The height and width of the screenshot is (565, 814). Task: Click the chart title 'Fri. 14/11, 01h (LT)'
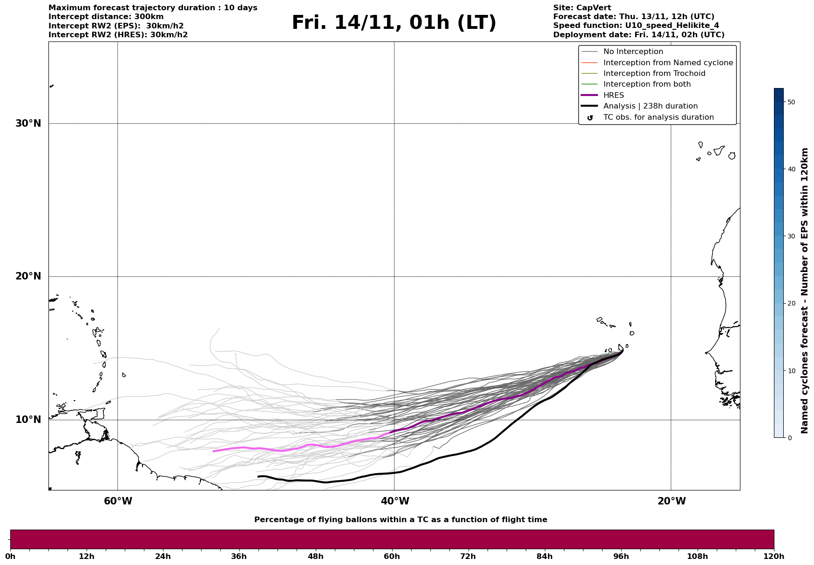(x=393, y=23)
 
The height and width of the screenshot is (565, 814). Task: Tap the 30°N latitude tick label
(x=28, y=123)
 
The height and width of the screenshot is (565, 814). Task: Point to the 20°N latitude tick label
(x=28, y=276)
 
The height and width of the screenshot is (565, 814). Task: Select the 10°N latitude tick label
(x=28, y=420)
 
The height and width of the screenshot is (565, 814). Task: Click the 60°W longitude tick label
(x=118, y=501)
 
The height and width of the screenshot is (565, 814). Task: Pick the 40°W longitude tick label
(x=394, y=501)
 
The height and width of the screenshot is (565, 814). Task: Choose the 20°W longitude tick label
(x=671, y=501)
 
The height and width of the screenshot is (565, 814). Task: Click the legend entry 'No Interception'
(x=633, y=52)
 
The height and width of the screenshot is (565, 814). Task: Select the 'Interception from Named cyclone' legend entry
(x=668, y=63)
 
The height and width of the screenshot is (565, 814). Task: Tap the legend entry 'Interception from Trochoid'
(x=654, y=74)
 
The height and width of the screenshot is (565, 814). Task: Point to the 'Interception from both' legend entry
(x=647, y=84)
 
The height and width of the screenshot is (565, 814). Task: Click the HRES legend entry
(x=613, y=95)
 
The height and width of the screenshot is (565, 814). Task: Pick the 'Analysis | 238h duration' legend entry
(x=650, y=106)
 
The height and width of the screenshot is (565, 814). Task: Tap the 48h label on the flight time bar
(x=315, y=557)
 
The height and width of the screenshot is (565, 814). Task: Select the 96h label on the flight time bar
(x=621, y=557)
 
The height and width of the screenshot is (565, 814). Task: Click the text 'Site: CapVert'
(x=582, y=8)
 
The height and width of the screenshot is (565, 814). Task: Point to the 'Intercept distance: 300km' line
(x=106, y=17)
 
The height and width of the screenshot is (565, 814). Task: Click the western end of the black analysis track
(x=258, y=477)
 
